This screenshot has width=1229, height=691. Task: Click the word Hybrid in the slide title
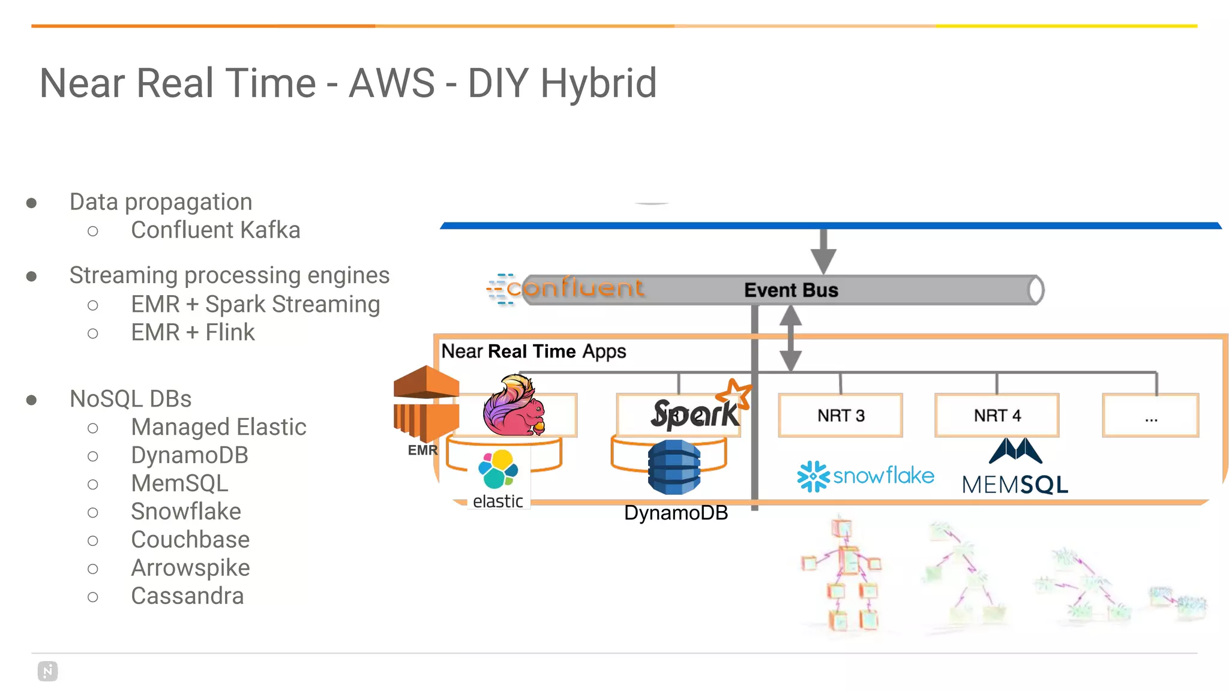(598, 83)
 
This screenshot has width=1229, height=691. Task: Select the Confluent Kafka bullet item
(215, 230)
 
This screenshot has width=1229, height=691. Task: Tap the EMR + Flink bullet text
(193, 332)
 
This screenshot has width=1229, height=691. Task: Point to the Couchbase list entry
(190, 540)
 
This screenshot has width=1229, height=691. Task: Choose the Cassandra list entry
(187, 596)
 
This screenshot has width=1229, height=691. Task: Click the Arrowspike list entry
(190, 568)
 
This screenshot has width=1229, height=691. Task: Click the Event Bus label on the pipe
(791, 290)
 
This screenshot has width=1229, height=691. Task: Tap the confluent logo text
(574, 289)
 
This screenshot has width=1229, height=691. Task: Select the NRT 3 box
(840, 415)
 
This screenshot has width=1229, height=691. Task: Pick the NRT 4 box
(997, 415)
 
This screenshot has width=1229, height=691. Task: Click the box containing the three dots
(1150, 415)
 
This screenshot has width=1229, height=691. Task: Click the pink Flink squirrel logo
(514, 405)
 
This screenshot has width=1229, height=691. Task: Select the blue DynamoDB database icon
(674, 467)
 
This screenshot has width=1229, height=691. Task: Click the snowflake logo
(865, 476)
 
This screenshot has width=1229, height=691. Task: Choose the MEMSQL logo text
(1015, 485)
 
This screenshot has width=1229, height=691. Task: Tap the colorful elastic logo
(498, 470)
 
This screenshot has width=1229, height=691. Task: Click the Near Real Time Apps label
(533, 351)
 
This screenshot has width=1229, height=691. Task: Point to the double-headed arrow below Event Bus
(790, 338)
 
